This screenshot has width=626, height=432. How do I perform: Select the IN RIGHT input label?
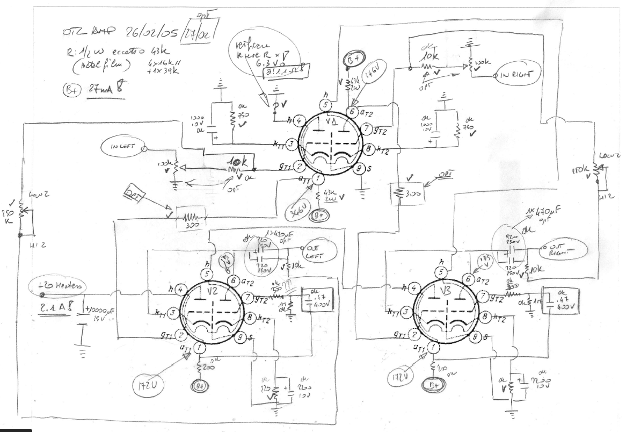point(519,76)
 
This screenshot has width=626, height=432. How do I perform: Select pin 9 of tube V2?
point(241,337)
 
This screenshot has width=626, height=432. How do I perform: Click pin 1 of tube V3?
point(433,348)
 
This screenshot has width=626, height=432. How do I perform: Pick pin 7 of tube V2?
point(249,296)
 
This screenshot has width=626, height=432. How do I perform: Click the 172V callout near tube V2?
point(144,384)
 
